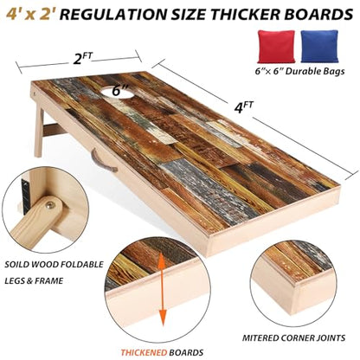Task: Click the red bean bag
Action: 276,47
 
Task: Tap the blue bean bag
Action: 319,47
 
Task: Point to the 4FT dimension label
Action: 243,107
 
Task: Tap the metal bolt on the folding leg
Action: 51,206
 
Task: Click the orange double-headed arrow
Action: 163,286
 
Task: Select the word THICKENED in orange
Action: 144,352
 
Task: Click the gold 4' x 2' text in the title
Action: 30,14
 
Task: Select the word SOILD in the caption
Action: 16,264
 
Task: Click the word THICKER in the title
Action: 258,14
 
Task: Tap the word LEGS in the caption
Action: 14,280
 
